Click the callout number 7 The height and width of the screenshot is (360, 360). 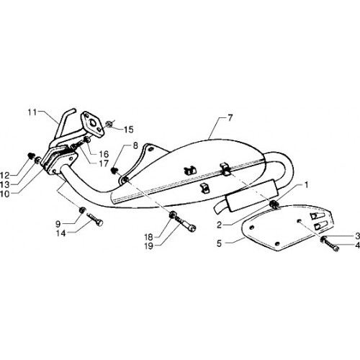(230, 118)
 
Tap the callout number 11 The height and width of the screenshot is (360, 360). (32, 112)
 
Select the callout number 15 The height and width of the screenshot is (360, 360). (129, 130)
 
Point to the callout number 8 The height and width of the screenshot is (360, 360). (135, 145)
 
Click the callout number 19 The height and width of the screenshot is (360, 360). (149, 246)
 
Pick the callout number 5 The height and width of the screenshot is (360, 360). (219, 243)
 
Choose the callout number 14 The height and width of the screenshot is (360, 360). (60, 233)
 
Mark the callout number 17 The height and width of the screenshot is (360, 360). (104, 163)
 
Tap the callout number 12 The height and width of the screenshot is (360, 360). (5, 176)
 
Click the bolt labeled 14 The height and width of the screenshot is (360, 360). (96, 219)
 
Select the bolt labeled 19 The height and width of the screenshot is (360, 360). (186, 223)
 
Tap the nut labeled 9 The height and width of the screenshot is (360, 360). (82, 210)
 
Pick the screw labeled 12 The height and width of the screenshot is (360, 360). (31, 156)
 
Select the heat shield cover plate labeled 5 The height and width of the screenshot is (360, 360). (287, 225)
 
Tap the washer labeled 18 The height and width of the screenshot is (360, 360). (172, 214)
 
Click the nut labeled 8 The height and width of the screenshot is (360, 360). (114, 171)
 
